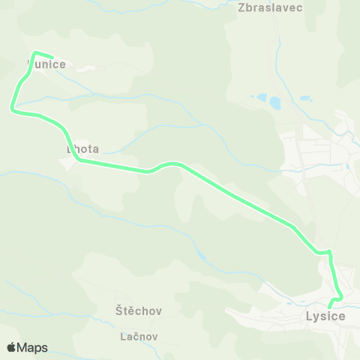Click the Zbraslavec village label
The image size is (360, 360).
tap(269, 7)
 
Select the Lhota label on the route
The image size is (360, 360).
tap(82, 149)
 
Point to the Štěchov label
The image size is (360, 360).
tap(139, 310)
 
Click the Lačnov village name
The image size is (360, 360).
tap(139, 336)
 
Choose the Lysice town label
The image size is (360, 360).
tap(325, 316)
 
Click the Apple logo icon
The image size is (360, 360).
tap(11, 347)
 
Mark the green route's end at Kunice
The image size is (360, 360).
tap(52, 57)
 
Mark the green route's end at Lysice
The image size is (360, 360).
tap(330, 306)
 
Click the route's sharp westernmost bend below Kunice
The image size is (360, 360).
tap(12, 109)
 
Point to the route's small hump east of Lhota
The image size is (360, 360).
tap(173, 163)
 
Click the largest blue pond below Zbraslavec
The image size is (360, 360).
tap(274, 102)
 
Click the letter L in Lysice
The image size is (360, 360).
tap(310, 316)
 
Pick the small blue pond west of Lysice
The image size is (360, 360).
tap(201, 257)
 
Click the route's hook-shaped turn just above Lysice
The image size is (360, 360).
tap(340, 298)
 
